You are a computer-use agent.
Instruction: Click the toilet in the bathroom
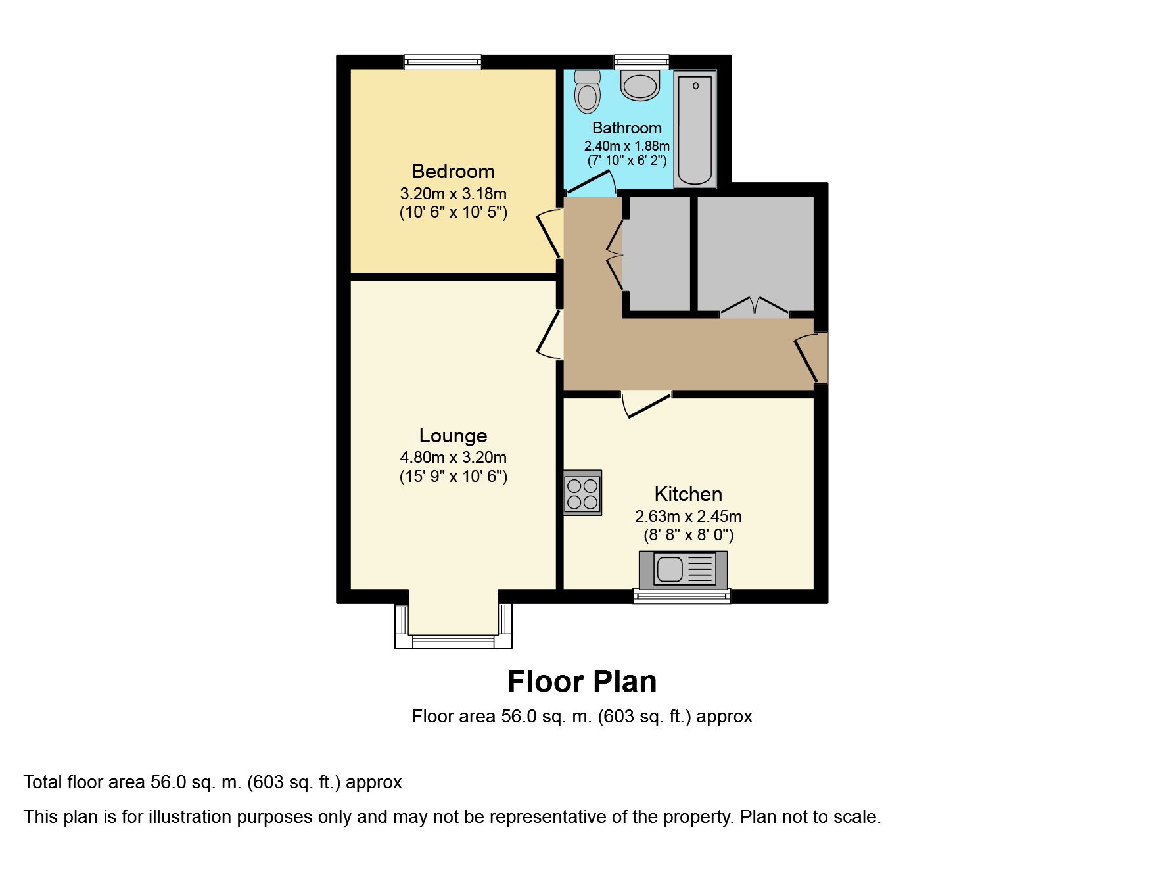pyautogui.click(x=587, y=91)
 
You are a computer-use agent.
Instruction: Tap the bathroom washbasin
pyautogui.click(x=640, y=86)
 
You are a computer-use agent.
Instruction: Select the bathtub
pyautogui.click(x=695, y=128)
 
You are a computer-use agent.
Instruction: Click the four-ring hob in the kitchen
pyautogui.click(x=582, y=493)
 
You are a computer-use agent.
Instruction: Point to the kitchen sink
pyautogui.click(x=684, y=569)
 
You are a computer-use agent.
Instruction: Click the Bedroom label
pyautogui.click(x=453, y=172)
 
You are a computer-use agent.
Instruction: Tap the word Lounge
pyautogui.click(x=453, y=436)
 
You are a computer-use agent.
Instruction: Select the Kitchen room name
pyautogui.click(x=688, y=494)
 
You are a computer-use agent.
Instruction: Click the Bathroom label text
pyautogui.click(x=627, y=128)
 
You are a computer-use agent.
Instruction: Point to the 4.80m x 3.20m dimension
pyautogui.click(x=453, y=458)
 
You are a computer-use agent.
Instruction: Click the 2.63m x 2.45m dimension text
pyautogui.click(x=688, y=517)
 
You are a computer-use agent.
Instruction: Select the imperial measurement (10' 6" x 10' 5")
pyautogui.click(x=454, y=212)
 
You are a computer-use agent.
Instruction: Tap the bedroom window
pyautogui.click(x=442, y=62)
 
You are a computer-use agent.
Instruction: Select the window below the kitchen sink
pyautogui.click(x=682, y=596)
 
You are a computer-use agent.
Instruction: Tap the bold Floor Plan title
pyautogui.click(x=582, y=682)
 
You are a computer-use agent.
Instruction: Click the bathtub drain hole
pyautogui.click(x=695, y=85)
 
